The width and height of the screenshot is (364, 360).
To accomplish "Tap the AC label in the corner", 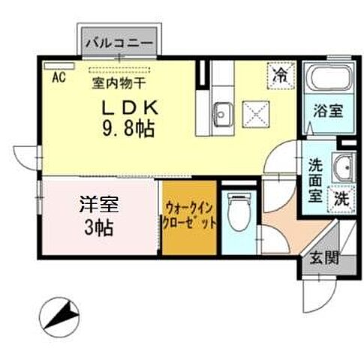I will tap(57, 75).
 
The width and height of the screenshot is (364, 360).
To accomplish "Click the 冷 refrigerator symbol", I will tap(279, 74).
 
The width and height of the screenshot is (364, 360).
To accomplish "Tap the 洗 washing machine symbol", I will tap(341, 200).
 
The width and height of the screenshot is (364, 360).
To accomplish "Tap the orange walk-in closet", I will tap(190, 217).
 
